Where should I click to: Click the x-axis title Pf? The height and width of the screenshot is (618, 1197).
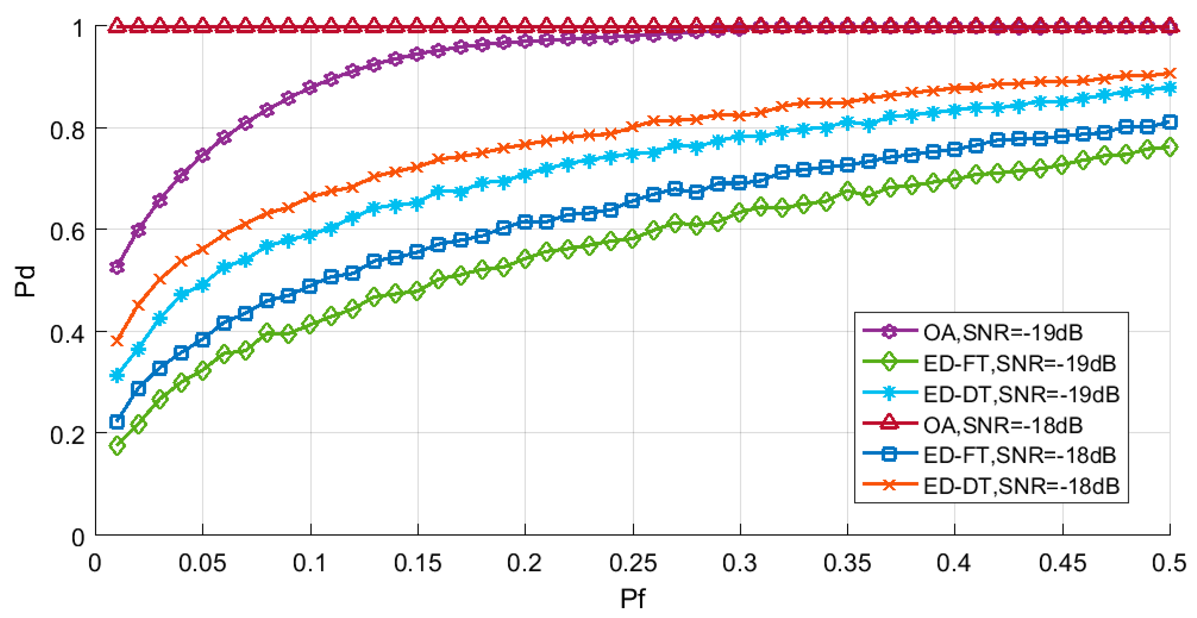tap(633, 598)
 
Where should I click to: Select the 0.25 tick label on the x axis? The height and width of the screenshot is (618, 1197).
tap(633, 563)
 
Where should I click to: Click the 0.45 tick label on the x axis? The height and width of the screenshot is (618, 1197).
tap(1062, 563)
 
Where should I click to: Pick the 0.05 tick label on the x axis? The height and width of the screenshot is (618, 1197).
tap(203, 563)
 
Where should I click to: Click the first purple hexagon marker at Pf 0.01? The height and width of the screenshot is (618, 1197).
tap(117, 267)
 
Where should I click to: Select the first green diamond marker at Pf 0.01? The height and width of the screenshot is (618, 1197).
tap(117, 446)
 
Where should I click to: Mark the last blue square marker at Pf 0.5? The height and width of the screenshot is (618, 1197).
tap(1170, 122)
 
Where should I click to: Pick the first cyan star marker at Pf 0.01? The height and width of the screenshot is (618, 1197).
tap(117, 375)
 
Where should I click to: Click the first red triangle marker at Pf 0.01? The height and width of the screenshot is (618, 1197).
tap(117, 26)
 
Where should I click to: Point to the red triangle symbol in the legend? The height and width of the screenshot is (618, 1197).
tap(889, 423)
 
